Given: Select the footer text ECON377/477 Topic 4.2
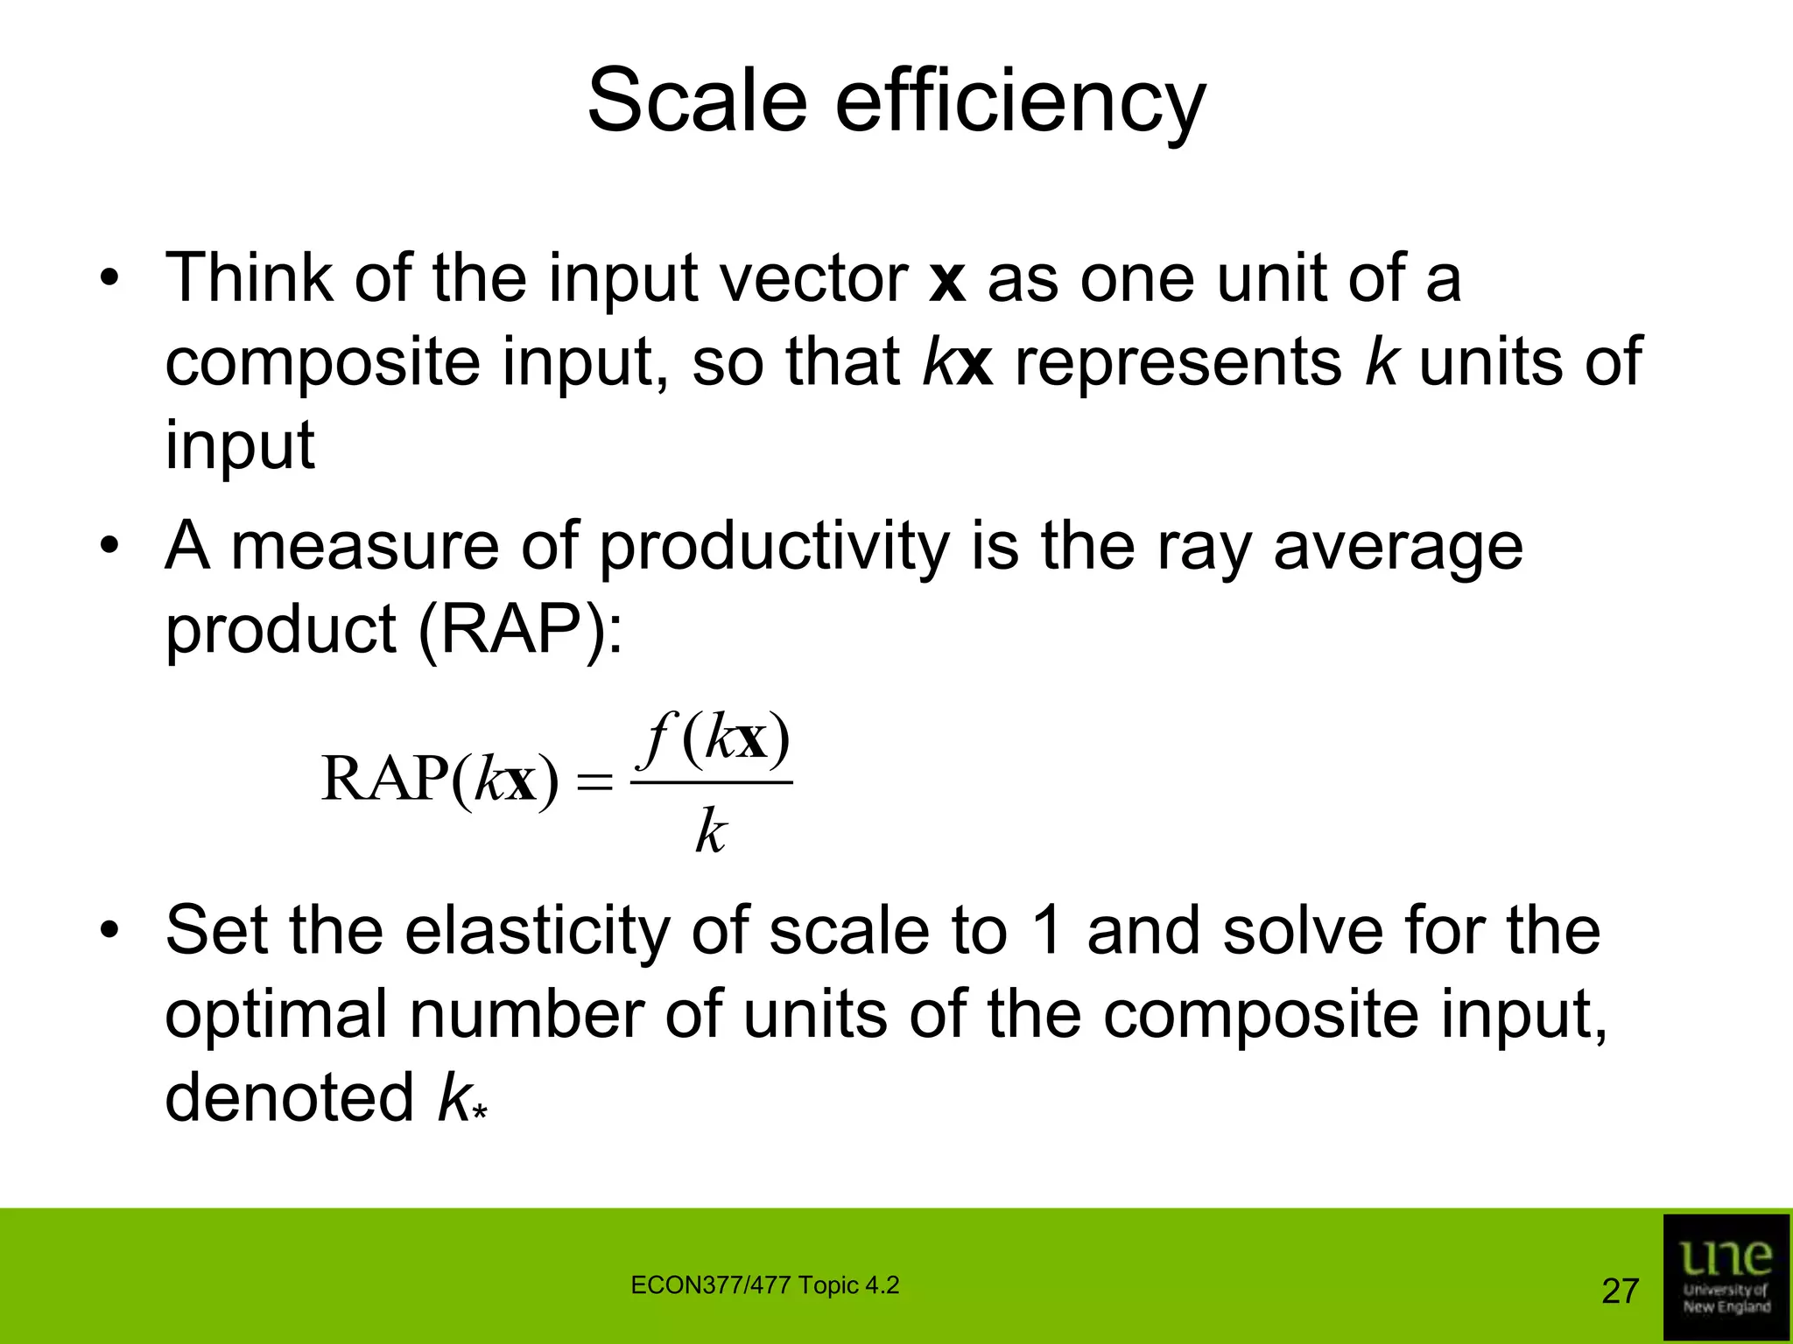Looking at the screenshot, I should click(x=764, y=1285).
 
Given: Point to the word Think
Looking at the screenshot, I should click(x=249, y=278).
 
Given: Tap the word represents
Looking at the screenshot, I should click(x=1178, y=362).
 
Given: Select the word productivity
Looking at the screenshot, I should click(x=774, y=547).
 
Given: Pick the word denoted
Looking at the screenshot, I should click(x=289, y=1098).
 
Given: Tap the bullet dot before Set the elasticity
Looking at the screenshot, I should click(x=108, y=931).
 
